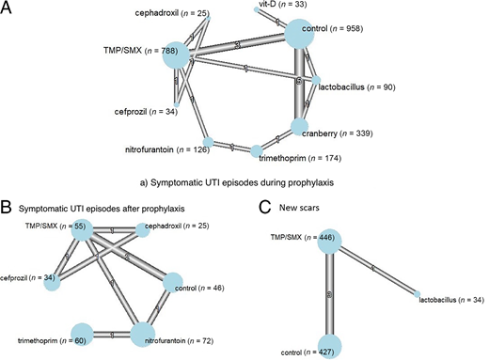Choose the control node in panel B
[x=177, y=281]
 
